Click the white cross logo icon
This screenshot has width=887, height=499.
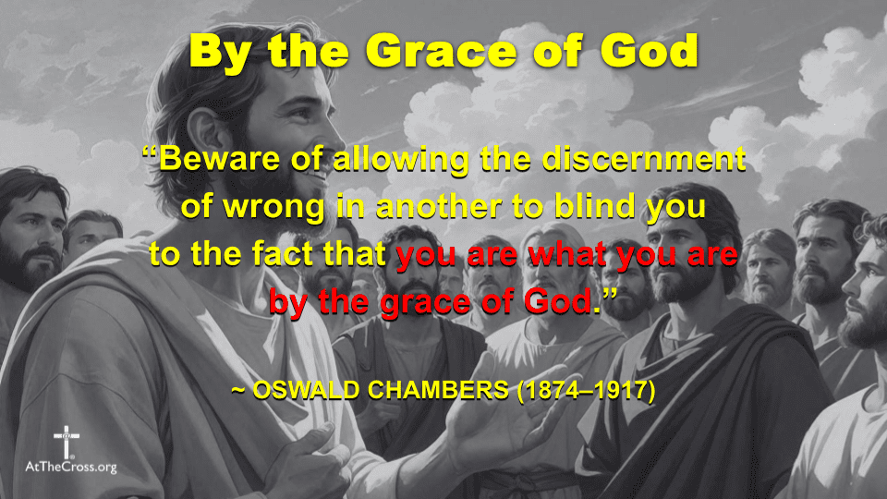[x=67, y=441]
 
